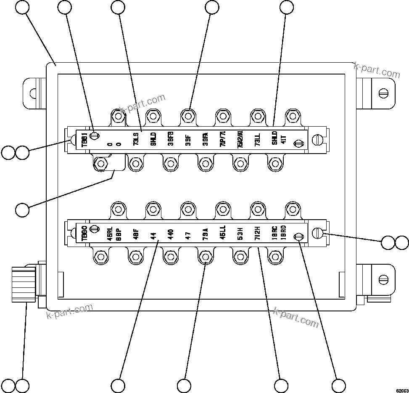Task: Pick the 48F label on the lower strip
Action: point(136,233)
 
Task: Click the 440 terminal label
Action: point(171,233)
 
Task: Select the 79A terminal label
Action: point(205,233)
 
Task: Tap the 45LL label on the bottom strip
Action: point(223,233)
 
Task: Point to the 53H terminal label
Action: point(240,233)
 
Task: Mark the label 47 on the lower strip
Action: point(188,233)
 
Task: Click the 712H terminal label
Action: point(257,233)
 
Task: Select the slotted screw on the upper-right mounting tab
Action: point(383,93)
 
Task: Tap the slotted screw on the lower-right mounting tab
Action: point(383,279)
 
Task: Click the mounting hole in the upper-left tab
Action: point(31,93)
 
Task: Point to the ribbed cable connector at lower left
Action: point(24,284)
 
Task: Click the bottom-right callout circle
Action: point(338,385)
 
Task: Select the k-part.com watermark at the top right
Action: point(377,70)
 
